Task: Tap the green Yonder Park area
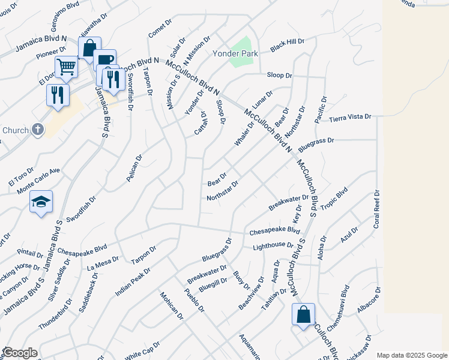(241, 48)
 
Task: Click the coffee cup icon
(104, 59)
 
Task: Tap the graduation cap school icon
(41, 202)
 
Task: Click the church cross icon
(37, 130)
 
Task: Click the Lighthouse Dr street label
(273, 245)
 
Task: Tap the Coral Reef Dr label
(377, 209)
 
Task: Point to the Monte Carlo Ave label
(38, 180)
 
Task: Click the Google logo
(19, 353)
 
